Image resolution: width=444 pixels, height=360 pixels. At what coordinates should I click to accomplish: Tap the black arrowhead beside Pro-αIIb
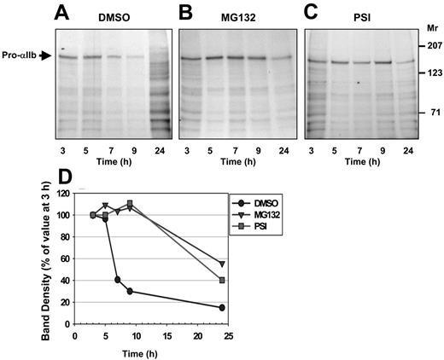pyautogui.click(x=49, y=57)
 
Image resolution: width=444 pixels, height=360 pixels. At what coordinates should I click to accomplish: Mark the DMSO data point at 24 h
pyautogui.click(x=222, y=308)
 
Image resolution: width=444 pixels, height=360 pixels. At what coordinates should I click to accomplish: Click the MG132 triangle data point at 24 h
pyautogui.click(x=222, y=264)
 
